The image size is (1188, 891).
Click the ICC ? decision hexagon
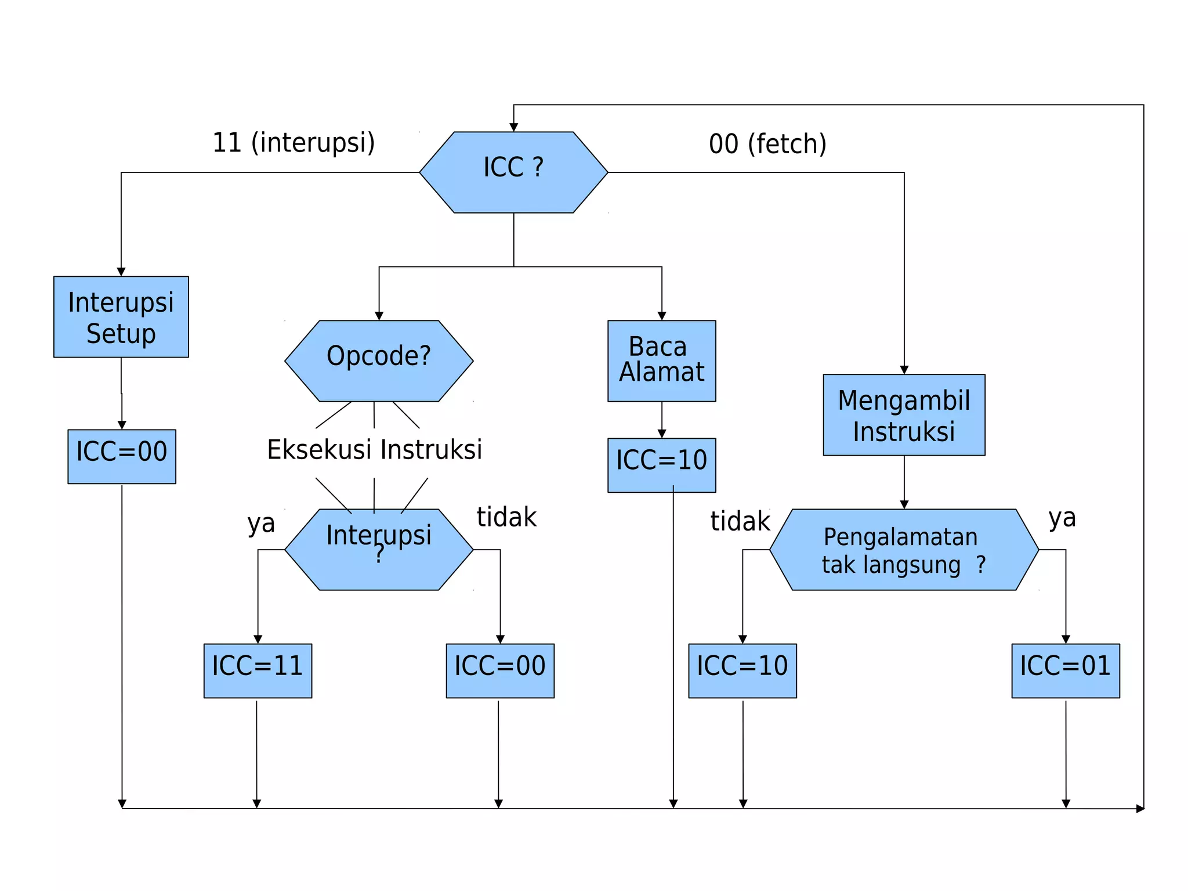(513, 172)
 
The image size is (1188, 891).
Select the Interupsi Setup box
(121, 317)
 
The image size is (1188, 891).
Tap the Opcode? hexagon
(379, 360)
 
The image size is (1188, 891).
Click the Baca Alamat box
(661, 360)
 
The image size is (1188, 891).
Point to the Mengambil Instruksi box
(904, 414)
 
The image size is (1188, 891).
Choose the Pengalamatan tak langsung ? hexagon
(904, 550)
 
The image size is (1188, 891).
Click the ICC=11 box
(258, 670)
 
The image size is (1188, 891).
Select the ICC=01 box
(1065, 670)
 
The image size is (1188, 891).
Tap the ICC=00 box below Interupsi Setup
(122, 456)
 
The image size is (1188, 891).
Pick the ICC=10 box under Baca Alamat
(661, 465)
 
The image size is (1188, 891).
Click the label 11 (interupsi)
(294, 143)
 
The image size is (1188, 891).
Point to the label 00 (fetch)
(767, 144)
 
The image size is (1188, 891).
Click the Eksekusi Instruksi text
(374, 450)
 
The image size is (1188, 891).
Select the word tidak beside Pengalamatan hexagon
(740, 521)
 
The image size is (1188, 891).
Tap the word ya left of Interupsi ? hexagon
(261, 524)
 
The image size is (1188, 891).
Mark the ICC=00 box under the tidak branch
(499, 670)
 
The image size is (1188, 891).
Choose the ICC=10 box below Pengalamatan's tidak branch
(742, 670)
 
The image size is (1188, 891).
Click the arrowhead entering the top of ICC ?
(513, 127)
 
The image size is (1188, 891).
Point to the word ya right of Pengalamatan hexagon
(1062, 518)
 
